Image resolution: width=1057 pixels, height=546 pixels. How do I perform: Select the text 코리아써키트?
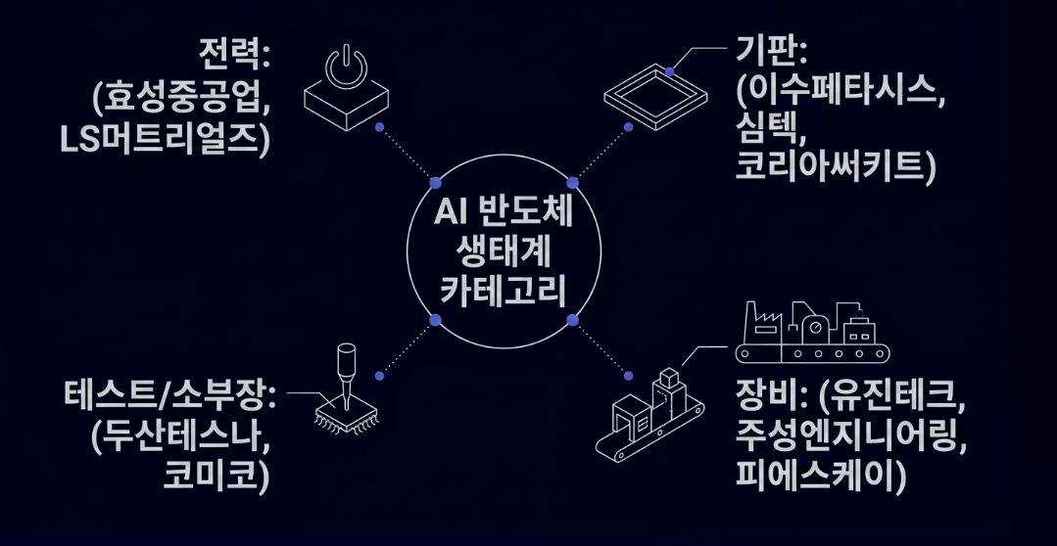coord(834,168)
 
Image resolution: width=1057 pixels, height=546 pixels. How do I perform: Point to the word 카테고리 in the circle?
coord(504,292)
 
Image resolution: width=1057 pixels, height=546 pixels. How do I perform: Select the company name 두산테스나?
coord(180,438)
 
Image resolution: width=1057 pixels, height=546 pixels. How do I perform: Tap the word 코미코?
coord(221,478)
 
